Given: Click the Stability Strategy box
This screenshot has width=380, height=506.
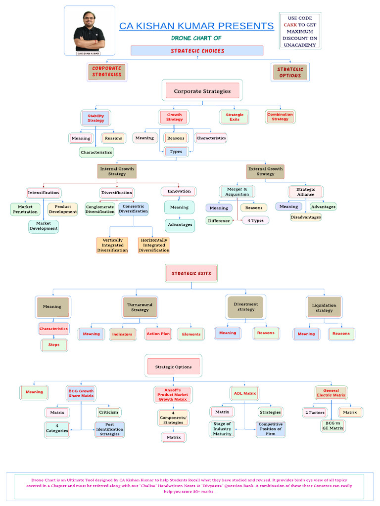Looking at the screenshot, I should pyautogui.click(x=95, y=118).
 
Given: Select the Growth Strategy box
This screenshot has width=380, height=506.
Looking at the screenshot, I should pyautogui.click(x=174, y=117).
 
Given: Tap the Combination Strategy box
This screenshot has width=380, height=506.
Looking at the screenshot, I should pyautogui.click(x=280, y=117).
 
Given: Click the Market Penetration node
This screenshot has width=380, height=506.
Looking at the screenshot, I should pyautogui.click(x=25, y=209).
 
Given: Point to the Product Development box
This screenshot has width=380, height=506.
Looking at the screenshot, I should pyautogui.click(x=63, y=209).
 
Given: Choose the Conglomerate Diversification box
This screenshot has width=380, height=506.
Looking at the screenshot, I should pyautogui.click(x=99, y=209).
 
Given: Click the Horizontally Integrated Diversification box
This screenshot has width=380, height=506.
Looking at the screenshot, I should pyautogui.click(x=154, y=245).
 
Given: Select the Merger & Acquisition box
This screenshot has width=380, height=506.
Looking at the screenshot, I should pyautogui.click(x=237, y=191).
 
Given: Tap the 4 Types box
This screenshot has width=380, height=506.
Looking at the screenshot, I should pyautogui.click(x=256, y=220).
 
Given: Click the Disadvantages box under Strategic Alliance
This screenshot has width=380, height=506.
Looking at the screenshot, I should pyautogui.click(x=306, y=217).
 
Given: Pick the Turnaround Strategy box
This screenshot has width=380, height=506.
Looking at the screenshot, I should pyautogui.click(x=140, y=307).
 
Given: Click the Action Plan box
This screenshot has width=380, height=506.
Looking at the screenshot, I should pyautogui.click(x=158, y=334).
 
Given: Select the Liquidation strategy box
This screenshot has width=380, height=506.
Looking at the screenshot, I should pyautogui.click(x=324, y=307).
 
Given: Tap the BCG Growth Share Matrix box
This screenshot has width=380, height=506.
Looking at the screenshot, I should pyautogui.click(x=81, y=393).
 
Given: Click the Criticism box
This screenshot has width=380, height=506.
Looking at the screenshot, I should pyautogui.click(x=108, y=412).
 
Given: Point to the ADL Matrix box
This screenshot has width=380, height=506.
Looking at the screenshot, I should pyautogui.click(x=244, y=393).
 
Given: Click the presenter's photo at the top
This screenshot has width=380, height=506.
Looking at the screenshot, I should pyautogui.click(x=90, y=31).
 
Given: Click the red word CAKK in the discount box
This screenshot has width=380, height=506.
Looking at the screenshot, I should pyautogui.click(x=290, y=25).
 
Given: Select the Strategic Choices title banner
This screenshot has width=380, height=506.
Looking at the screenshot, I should pyautogui.click(x=197, y=51).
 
